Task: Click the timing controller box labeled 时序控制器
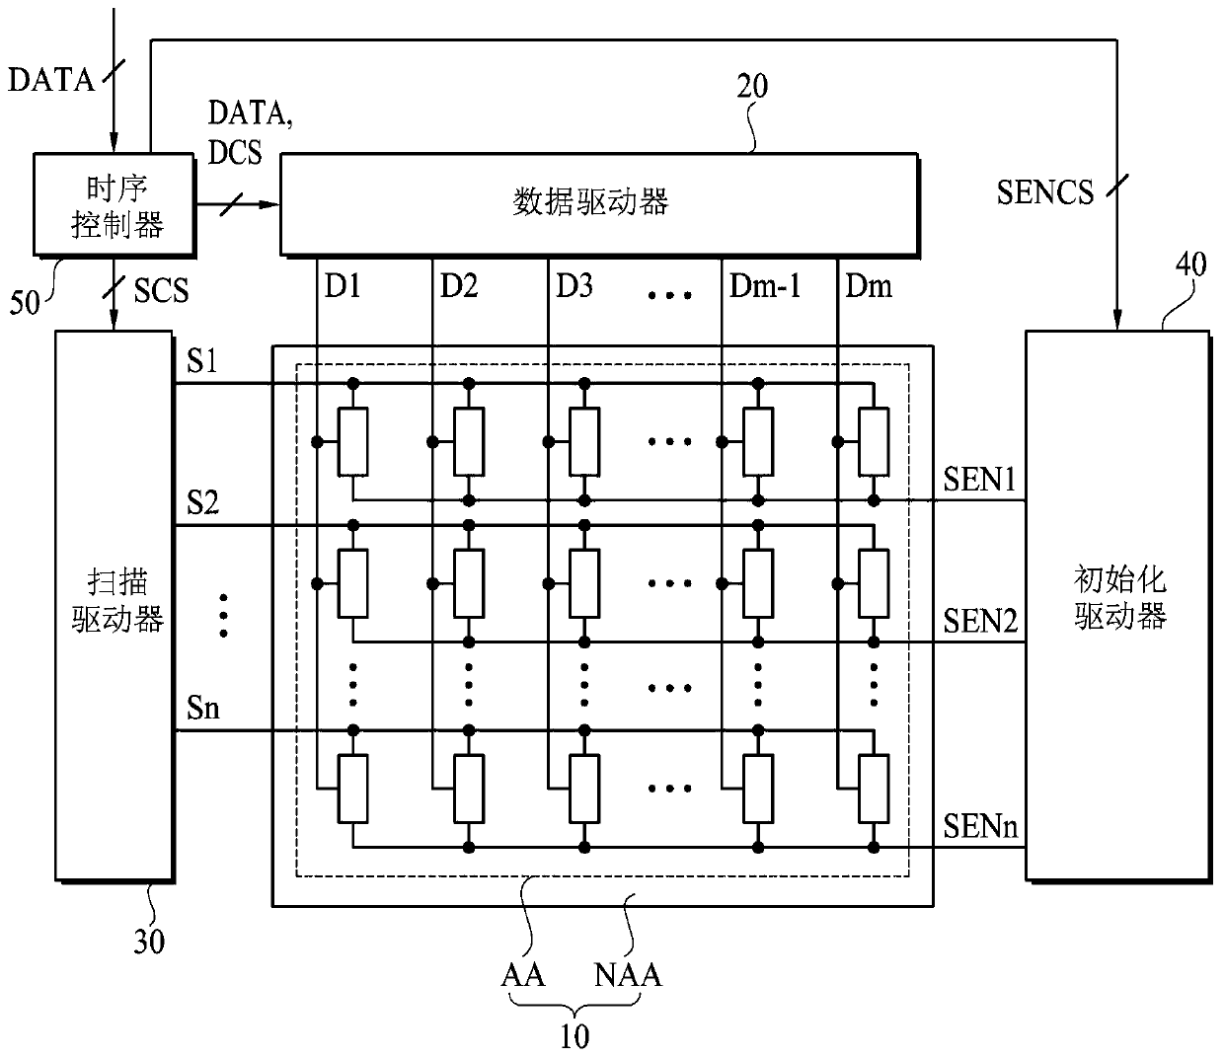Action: point(114,205)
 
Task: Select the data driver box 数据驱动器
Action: point(599,205)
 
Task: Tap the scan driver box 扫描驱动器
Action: point(115,606)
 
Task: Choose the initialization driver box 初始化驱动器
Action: point(1118,606)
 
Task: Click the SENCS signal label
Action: point(1045,192)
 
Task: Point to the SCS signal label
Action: point(161,290)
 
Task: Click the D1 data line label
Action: point(343,286)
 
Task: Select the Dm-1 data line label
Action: point(765,286)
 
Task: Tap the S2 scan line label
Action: point(202,502)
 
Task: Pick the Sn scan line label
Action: point(203,708)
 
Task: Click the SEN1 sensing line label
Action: point(979,479)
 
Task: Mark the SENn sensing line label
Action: point(980,826)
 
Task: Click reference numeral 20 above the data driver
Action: point(752,87)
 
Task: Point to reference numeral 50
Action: point(25,303)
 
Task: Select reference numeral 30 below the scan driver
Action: point(149,941)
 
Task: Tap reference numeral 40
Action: point(1190,264)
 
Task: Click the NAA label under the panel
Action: point(628,975)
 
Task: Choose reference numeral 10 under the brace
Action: point(574,1036)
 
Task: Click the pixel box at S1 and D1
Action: point(353,442)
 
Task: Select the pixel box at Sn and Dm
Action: point(874,789)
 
